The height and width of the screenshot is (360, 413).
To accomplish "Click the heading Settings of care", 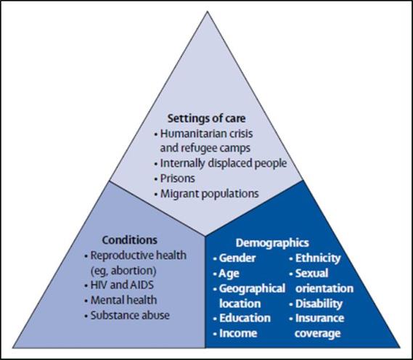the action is (206, 118).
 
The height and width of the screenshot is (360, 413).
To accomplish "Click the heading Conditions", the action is (130, 240).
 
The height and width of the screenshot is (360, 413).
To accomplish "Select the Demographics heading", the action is (272, 243).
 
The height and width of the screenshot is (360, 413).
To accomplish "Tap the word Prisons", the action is (178, 179).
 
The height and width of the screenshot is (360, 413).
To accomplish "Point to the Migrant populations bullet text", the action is (209, 194).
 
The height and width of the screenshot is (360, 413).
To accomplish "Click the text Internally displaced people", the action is (224, 163).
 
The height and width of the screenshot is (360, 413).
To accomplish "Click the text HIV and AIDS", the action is (122, 285).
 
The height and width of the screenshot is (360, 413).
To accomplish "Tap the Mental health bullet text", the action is (123, 300).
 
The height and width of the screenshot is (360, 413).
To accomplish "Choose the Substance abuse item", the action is (130, 316).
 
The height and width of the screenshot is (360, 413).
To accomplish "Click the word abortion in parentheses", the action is (134, 271).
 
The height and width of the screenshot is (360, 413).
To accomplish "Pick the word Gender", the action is (237, 258).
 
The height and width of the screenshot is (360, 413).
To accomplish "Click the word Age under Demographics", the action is (229, 274).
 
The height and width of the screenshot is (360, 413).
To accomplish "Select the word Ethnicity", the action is (318, 258).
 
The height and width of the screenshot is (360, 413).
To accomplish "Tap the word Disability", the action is (319, 304).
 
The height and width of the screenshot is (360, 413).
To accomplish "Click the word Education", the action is (245, 318).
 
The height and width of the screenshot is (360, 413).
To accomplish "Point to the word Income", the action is (238, 333).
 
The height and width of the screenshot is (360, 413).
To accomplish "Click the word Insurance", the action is (319, 318).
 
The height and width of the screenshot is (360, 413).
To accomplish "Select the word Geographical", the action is (252, 289).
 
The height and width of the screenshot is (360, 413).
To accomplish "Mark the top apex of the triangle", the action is (208, 12).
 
